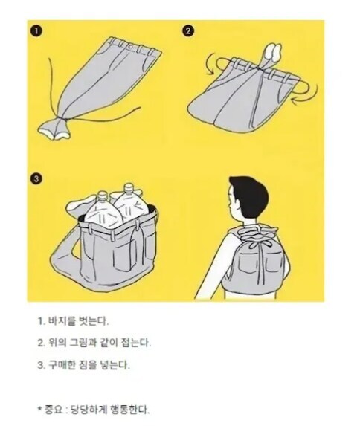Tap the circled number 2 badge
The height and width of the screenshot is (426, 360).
pyautogui.click(x=188, y=31)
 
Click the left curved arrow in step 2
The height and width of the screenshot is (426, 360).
pyautogui.click(x=212, y=65)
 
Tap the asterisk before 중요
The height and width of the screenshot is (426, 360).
pyautogui.click(x=39, y=408)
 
